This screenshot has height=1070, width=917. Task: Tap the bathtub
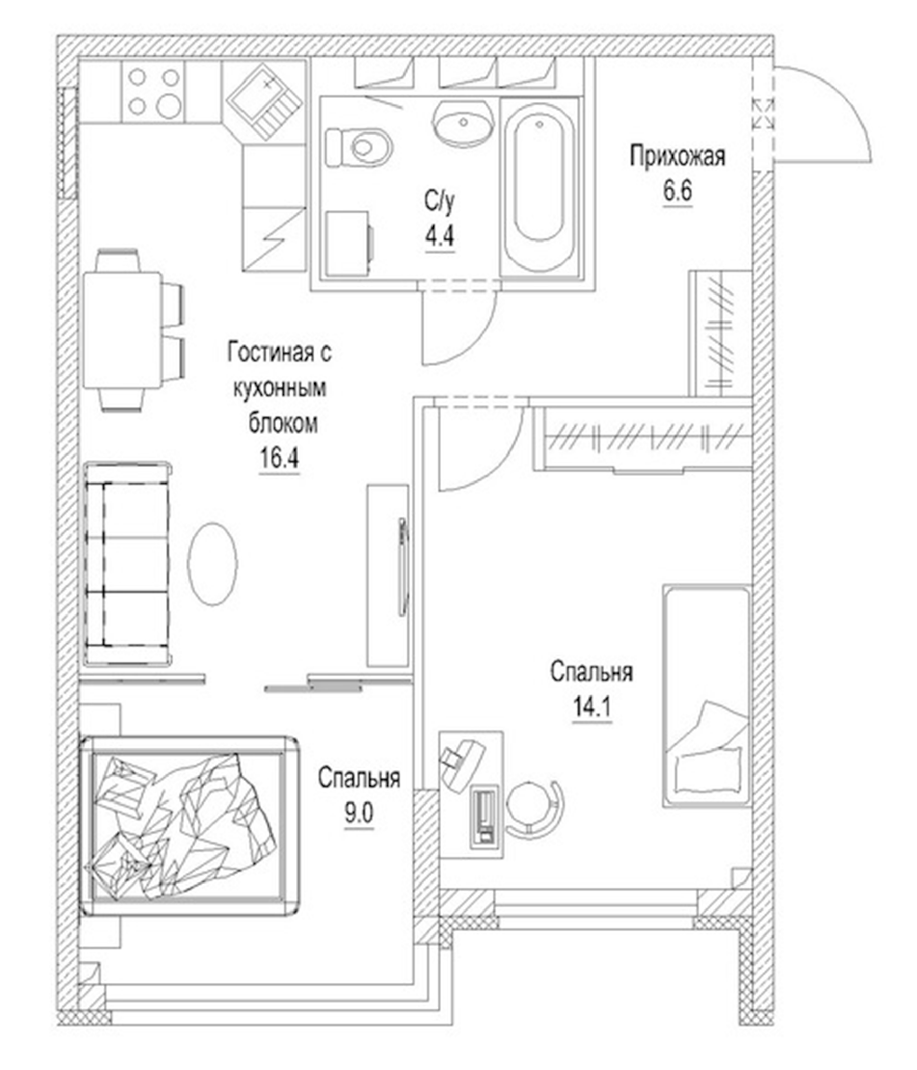538,189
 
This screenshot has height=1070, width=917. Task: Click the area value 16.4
279,458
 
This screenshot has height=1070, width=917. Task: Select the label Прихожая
677,156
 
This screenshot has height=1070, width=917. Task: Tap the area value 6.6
677,192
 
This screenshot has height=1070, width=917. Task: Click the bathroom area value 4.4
439,237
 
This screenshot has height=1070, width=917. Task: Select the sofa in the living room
126,565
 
